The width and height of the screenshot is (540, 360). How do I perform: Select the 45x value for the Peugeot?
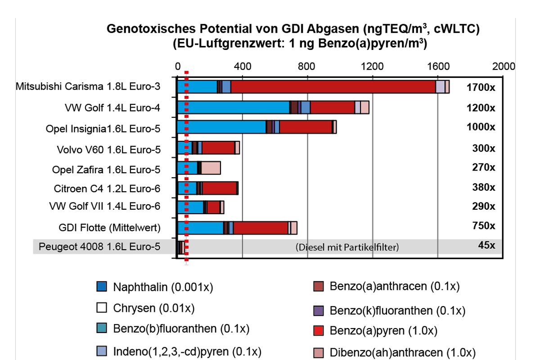point(486,246)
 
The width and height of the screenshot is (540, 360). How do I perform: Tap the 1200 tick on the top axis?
point(372,66)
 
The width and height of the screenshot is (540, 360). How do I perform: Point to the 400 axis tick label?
point(243,66)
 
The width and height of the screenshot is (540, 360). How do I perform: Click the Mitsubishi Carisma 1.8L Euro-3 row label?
point(88,86)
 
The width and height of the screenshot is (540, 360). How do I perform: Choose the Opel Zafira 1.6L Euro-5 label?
point(106,170)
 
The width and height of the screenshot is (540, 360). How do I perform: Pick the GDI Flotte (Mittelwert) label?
point(109,228)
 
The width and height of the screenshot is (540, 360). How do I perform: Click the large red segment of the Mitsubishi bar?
point(333,87)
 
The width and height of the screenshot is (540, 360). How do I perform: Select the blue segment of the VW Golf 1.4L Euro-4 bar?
point(233,108)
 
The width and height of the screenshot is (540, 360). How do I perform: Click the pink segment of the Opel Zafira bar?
point(211,168)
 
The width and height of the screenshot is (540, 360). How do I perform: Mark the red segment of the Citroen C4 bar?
point(219,188)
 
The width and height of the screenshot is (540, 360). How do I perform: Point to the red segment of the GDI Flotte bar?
point(261,228)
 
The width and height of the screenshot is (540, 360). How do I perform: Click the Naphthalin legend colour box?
point(102,286)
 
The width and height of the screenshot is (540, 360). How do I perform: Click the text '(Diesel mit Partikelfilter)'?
point(347,247)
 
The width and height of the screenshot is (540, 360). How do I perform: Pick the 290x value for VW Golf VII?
point(484,207)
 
